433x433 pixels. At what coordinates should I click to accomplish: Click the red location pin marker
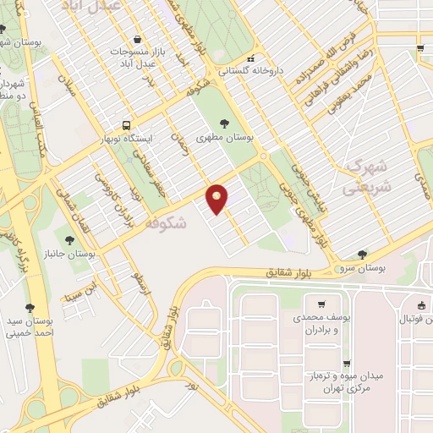pyautogui.click(x=218, y=199)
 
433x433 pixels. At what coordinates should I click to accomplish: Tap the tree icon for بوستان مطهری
pyautogui.click(x=224, y=123)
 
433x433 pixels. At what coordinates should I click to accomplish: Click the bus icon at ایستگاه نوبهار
pyautogui.click(x=126, y=123)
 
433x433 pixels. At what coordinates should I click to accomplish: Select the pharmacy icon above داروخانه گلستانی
pyautogui.click(x=250, y=58)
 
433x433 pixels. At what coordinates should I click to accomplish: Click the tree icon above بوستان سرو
pyautogui.click(x=363, y=254)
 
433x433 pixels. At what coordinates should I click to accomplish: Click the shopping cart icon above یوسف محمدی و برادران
pyautogui.click(x=321, y=304)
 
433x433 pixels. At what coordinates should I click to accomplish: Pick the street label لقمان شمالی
pyautogui.click(x=82, y=205)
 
